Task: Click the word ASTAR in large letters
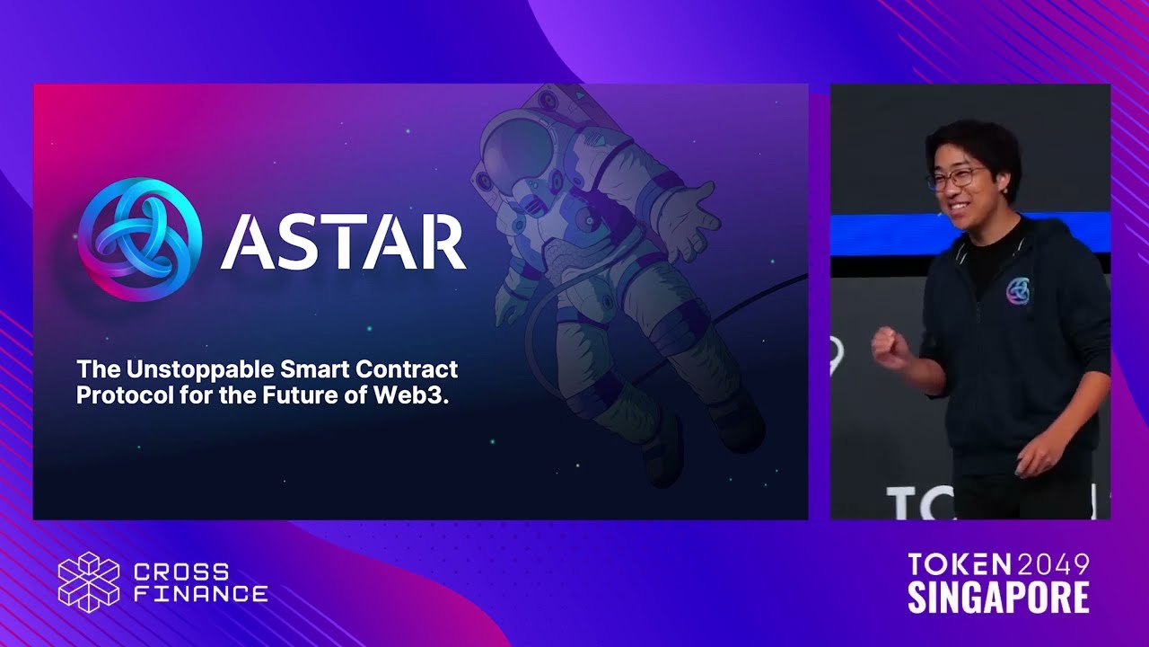pos(343,242)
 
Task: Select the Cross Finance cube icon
pos(89,581)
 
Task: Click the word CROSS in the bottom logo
pos(180,572)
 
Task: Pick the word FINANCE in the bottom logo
pos(200,594)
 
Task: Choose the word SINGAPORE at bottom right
pos(998,597)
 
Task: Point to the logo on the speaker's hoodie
pos(1018,291)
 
